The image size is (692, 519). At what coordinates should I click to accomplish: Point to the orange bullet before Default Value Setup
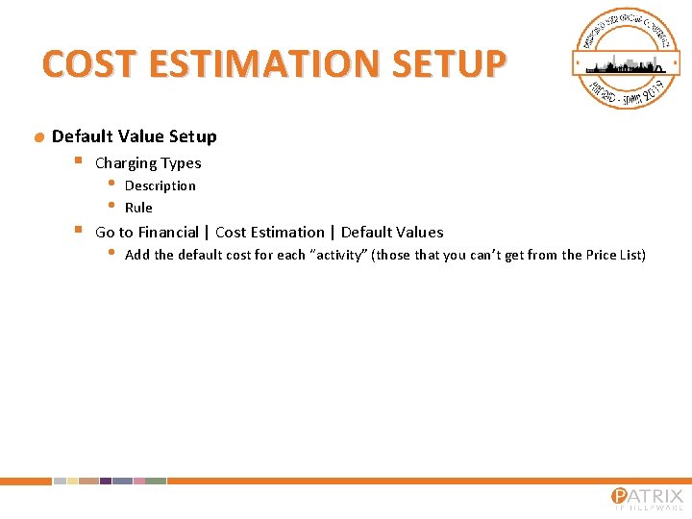click(x=39, y=137)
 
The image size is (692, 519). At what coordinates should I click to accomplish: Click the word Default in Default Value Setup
click(x=80, y=136)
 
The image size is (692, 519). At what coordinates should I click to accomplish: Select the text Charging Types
click(x=148, y=163)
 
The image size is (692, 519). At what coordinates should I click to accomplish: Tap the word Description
click(x=160, y=185)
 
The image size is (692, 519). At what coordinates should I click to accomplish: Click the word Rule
click(x=138, y=208)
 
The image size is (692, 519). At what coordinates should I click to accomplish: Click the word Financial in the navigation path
click(x=168, y=232)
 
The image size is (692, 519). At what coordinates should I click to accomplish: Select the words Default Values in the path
click(x=392, y=232)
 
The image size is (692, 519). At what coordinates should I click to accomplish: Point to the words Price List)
click(x=615, y=255)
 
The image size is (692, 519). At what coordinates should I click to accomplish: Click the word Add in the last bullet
click(x=136, y=255)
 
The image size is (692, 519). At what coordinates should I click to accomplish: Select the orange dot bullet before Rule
click(x=111, y=206)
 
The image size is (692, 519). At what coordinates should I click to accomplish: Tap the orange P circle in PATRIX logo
click(x=620, y=497)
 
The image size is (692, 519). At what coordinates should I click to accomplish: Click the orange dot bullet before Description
click(x=111, y=184)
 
